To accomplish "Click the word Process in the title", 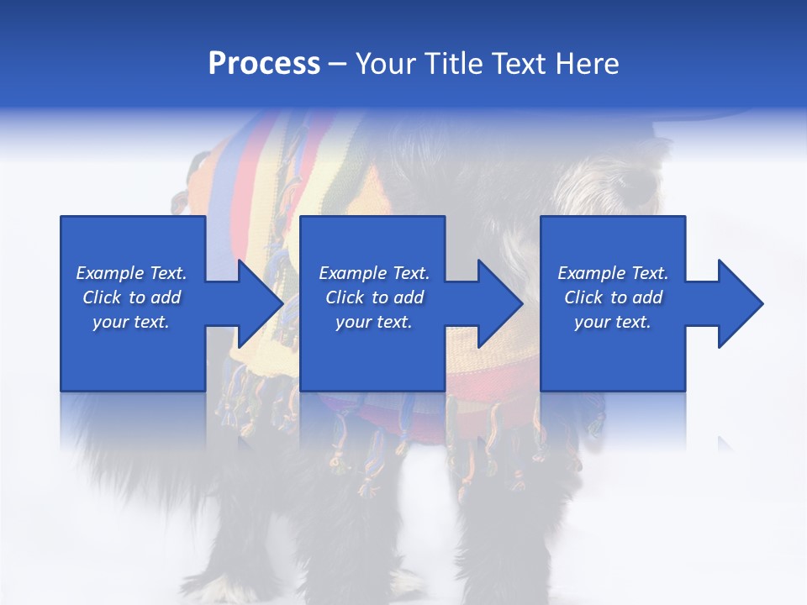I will [264, 64].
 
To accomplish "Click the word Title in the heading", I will [450, 64].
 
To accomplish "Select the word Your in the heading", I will [386, 64].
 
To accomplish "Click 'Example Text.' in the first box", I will [131, 273].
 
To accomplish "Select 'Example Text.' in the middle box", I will [374, 273].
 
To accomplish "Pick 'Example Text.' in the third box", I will [613, 273].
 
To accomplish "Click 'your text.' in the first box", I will [131, 322].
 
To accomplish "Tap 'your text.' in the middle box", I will [374, 322].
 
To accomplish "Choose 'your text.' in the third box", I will [613, 322].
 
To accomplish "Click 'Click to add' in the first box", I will [131, 297].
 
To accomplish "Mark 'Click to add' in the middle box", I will [374, 297].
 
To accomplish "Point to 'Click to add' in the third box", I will [613, 297].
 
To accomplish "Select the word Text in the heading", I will [514, 64].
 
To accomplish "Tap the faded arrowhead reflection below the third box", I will [725, 443].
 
